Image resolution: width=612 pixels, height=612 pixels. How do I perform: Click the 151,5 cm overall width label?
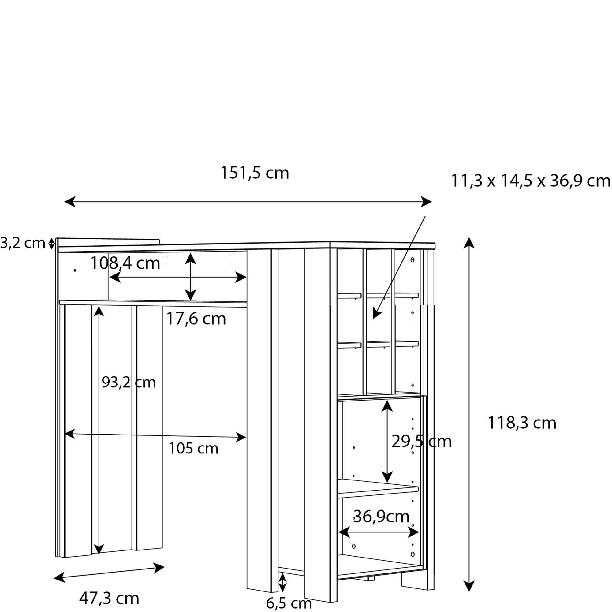click(x=254, y=173)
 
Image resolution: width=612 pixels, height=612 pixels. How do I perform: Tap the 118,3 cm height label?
click(x=522, y=423)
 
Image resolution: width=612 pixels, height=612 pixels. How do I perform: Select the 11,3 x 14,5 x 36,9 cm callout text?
click(x=531, y=181)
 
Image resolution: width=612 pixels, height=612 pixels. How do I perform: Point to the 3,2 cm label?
click(x=22, y=243)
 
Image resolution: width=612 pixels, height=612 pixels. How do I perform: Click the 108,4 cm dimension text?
click(x=125, y=263)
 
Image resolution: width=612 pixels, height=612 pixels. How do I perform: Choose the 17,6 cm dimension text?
click(x=196, y=319)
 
